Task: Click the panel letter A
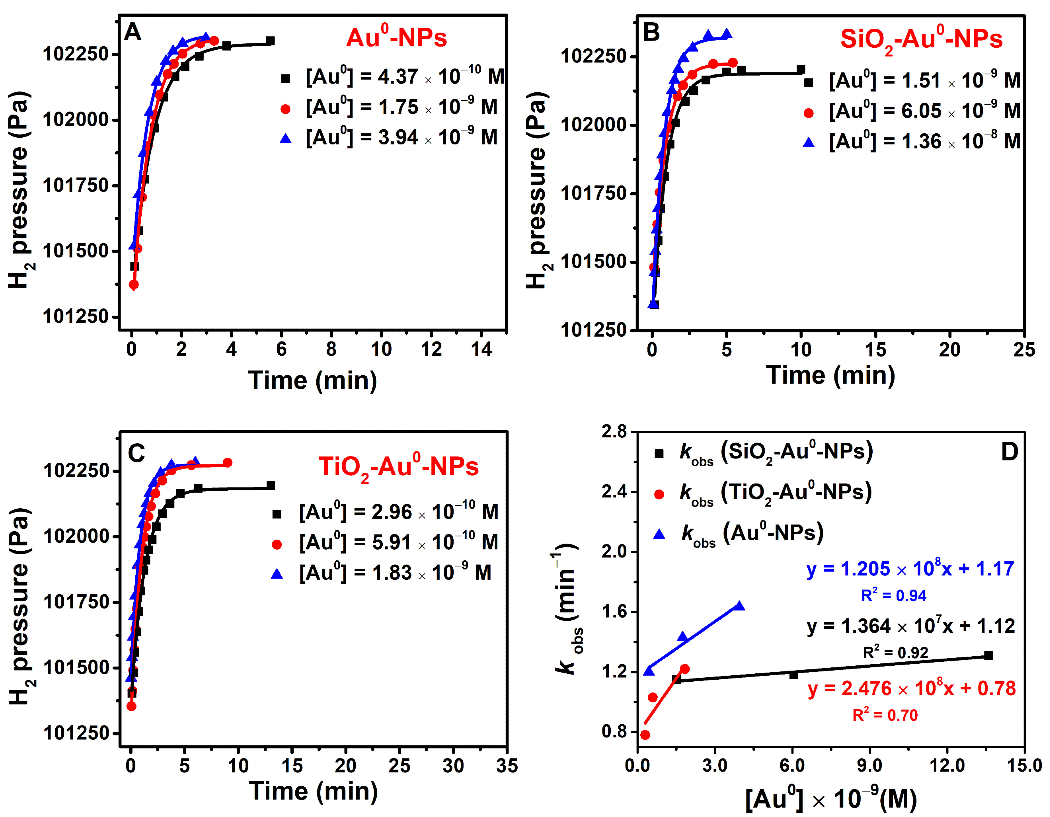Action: click(133, 32)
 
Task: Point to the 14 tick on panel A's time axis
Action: click(481, 349)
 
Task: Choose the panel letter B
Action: click(651, 32)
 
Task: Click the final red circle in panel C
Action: click(228, 463)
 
